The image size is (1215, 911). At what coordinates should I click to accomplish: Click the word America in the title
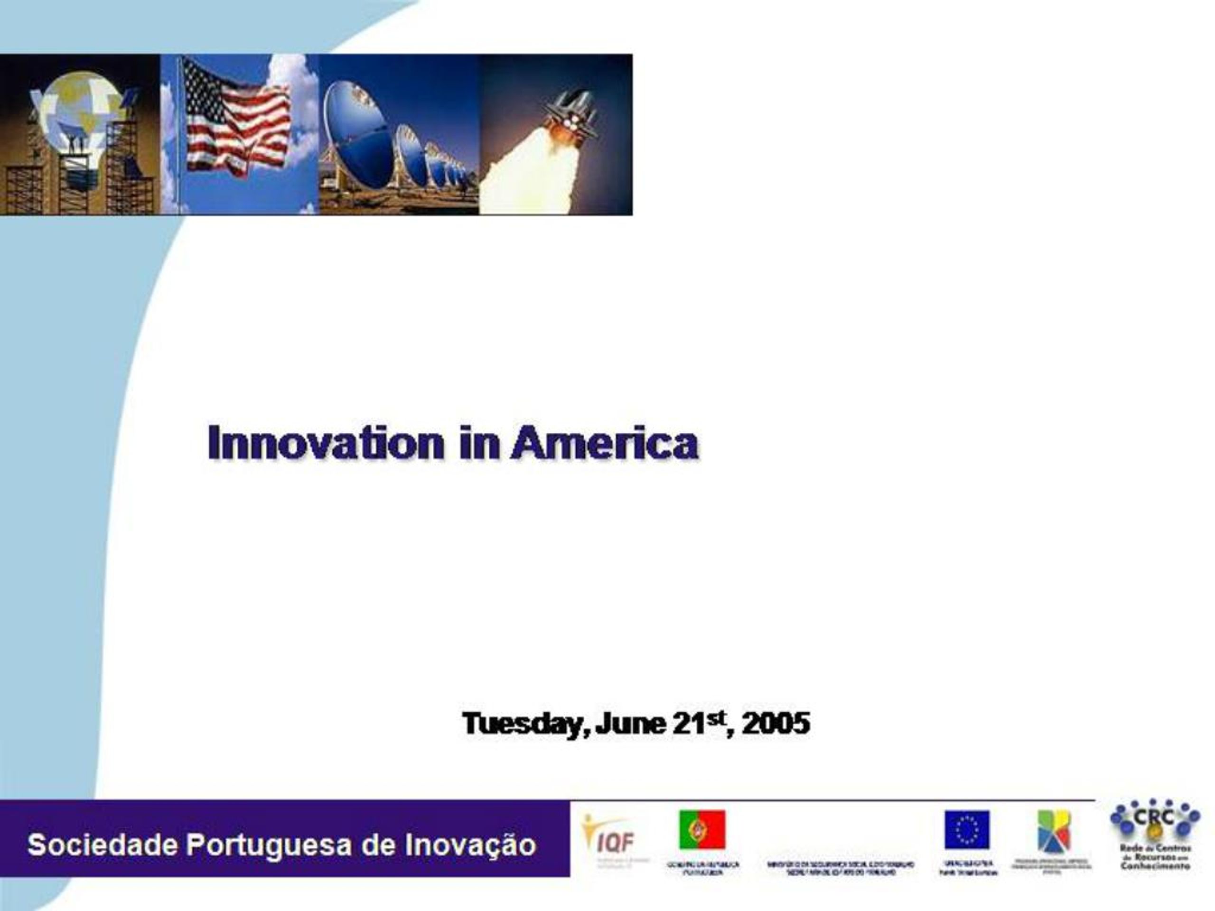tap(604, 444)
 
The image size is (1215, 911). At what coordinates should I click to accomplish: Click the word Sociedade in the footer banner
tap(102, 845)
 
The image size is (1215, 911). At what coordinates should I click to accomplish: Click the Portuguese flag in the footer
tap(702, 830)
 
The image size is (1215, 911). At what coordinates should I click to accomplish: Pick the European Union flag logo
tap(967, 830)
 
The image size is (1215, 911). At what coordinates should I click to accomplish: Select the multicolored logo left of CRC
tap(1054, 831)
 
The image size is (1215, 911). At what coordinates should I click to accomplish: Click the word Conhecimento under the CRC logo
tap(1155, 866)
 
